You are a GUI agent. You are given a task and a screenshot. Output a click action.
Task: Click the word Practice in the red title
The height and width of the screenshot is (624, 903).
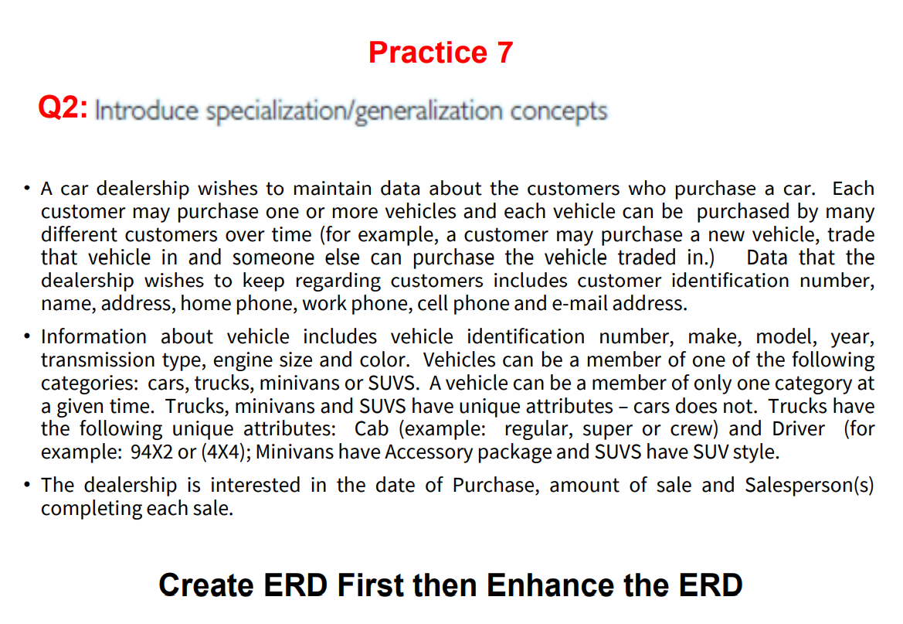(428, 53)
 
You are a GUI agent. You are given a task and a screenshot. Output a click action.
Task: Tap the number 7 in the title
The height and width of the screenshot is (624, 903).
(505, 53)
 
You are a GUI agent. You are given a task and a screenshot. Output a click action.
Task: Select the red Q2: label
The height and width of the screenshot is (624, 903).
(63, 107)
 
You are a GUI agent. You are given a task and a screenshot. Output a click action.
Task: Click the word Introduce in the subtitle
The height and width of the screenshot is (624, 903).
(146, 110)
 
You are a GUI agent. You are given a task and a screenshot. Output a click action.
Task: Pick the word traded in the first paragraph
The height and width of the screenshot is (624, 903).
(647, 257)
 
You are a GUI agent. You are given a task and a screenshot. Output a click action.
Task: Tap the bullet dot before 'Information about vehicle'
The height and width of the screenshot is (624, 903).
(26, 336)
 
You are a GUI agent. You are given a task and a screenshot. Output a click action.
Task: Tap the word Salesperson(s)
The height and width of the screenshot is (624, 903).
(809, 486)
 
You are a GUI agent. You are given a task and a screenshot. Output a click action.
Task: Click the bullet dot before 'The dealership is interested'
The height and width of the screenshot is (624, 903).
(26, 485)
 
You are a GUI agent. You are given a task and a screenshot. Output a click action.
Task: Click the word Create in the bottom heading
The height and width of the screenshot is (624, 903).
(206, 585)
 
